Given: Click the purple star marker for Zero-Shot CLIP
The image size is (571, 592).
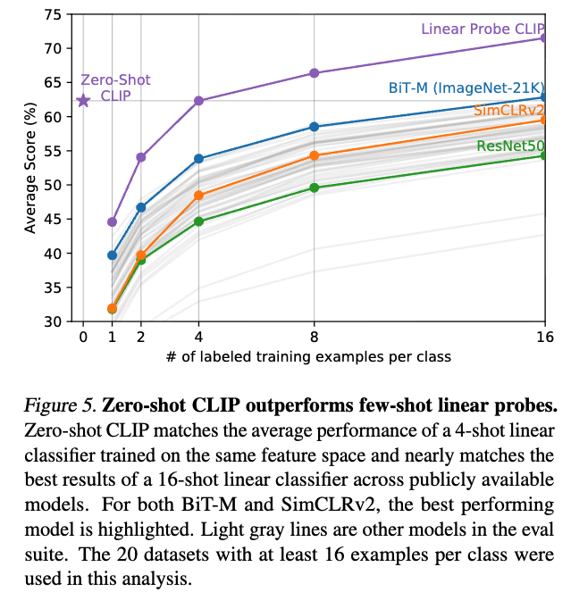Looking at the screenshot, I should (83, 101).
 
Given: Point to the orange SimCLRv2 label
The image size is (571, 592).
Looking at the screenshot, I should (509, 111).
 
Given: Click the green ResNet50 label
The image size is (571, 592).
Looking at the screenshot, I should (511, 146).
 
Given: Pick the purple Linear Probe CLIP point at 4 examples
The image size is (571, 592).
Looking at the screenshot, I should (198, 101).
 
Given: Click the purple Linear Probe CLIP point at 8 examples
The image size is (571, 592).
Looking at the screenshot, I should (315, 72).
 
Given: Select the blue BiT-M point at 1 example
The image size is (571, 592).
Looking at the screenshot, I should (112, 255).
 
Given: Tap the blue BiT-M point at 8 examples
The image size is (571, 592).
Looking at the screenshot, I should (315, 127).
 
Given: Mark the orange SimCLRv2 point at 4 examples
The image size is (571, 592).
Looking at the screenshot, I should (198, 196).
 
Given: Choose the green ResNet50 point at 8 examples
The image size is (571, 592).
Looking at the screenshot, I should (315, 188).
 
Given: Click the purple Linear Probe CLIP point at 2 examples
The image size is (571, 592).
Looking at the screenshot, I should (140, 157).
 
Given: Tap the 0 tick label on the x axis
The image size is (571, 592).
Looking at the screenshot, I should (83, 337).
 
